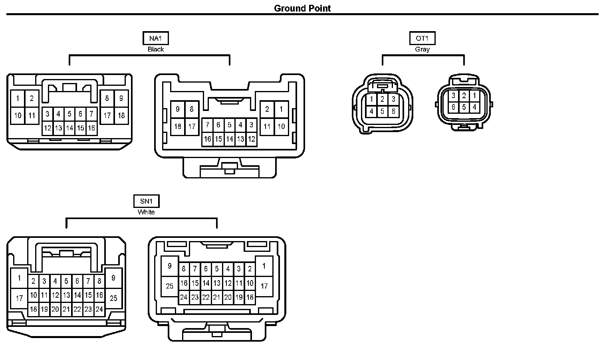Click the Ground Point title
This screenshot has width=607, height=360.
(302, 8)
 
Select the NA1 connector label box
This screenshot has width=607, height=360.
(156, 38)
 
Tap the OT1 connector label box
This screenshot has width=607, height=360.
(422, 38)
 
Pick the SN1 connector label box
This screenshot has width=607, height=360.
(146, 201)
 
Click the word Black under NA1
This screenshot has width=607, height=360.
(156, 49)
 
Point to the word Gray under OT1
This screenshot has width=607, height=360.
(422, 49)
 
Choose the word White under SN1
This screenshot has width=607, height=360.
(146, 212)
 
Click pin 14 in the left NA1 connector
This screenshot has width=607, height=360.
(69, 128)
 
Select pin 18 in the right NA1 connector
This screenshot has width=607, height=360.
(178, 127)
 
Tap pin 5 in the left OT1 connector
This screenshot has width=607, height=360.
(382, 111)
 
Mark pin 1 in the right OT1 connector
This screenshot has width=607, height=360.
(474, 96)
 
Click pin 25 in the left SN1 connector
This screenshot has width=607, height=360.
(113, 298)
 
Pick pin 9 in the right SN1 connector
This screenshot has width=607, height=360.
(170, 266)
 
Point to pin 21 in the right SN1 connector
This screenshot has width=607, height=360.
(216, 297)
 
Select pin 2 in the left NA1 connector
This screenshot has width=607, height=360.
(32, 98)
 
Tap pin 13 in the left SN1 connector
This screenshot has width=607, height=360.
(66, 295)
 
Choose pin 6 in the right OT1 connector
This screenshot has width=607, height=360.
(453, 107)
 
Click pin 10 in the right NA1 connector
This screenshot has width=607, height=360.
(281, 127)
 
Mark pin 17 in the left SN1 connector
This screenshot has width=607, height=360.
(19, 298)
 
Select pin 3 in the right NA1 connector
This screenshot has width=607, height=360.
(251, 125)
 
